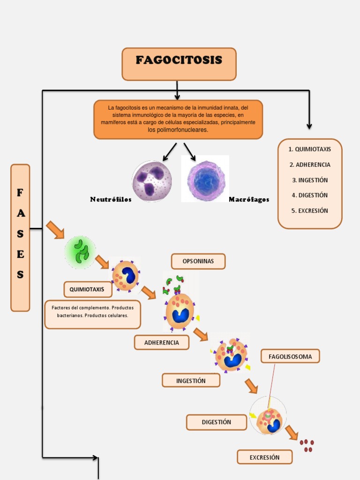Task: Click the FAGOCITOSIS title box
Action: point(179,63)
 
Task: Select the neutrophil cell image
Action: point(151,181)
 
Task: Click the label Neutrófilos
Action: point(111,199)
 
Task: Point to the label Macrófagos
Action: point(249,199)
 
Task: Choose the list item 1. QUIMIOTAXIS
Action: point(310,149)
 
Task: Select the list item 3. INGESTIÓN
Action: point(310,180)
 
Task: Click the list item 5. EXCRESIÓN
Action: point(310,210)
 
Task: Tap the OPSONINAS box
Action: point(198,261)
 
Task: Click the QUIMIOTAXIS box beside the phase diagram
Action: point(87,289)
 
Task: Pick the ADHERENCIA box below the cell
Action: point(162,342)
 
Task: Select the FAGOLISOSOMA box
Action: point(290,356)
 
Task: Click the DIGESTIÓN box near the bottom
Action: point(217,422)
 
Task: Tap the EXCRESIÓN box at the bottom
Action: point(264,457)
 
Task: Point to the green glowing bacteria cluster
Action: point(81,252)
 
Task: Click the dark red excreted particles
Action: point(307,445)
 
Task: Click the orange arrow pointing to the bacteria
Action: point(55,230)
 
